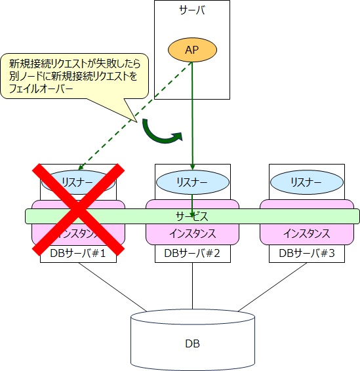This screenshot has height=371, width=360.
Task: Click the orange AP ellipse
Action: tap(191, 50)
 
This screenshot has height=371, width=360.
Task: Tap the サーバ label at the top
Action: tap(191, 10)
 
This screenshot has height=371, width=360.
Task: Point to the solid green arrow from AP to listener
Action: tap(191, 111)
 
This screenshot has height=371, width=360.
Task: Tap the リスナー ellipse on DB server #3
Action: tap(307, 182)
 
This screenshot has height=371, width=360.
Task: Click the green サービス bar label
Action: tap(191, 216)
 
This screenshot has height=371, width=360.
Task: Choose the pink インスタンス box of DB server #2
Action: tap(191, 233)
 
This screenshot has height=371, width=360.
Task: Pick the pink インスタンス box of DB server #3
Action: tap(307, 233)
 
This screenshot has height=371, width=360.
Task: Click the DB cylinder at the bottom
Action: tap(191, 341)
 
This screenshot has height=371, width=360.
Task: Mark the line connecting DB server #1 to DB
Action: tap(111, 286)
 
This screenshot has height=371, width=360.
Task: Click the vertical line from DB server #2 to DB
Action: tap(191, 285)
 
